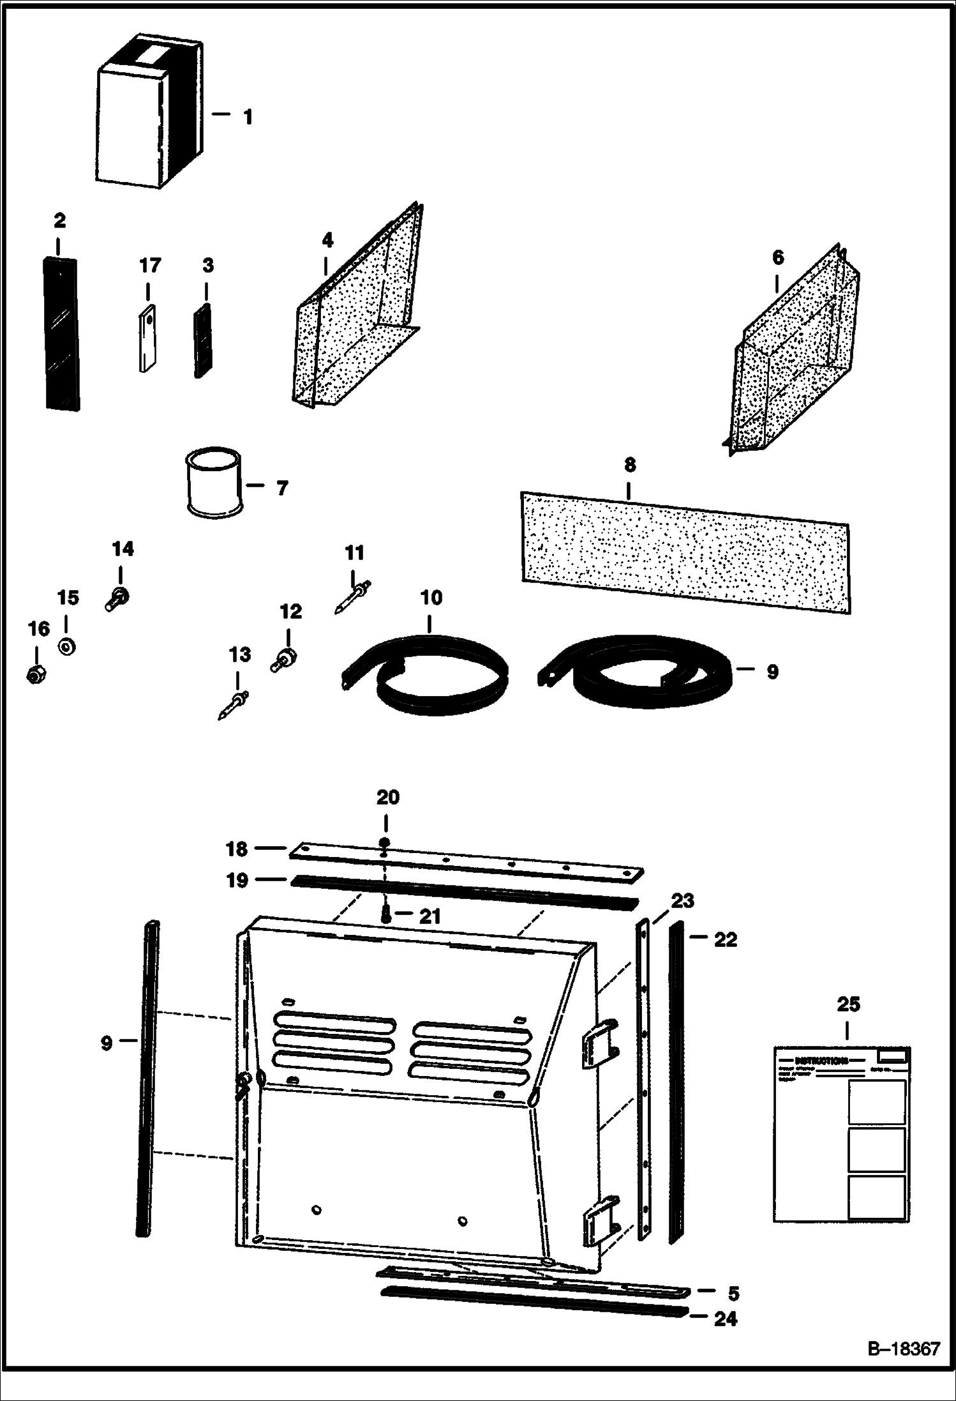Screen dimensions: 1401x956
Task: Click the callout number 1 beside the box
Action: (247, 117)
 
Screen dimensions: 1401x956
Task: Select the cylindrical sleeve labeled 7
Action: (214, 480)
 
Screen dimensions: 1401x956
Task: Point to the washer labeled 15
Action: (66, 646)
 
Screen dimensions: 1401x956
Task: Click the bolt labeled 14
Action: (117, 598)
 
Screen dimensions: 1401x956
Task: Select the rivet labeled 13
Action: (233, 706)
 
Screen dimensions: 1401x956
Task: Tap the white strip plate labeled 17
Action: (148, 340)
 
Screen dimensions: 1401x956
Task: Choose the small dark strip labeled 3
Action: (204, 342)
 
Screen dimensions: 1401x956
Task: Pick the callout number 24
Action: (725, 1319)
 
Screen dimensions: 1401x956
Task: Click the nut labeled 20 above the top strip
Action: (385, 842)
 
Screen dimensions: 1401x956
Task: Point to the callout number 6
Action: (777, 258)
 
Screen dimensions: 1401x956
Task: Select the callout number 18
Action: (237, 849)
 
